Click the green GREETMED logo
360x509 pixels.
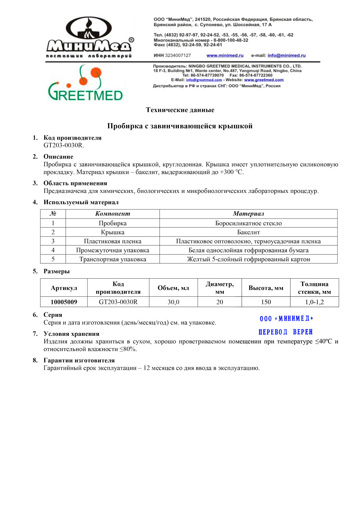coord(86,84)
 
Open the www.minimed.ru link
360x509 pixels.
coord(225,55)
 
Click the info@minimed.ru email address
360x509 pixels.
coord(286,55)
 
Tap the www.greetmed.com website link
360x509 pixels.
coord(264,80)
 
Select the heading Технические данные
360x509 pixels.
coord(180,110)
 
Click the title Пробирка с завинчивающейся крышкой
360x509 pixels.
coord(180,126)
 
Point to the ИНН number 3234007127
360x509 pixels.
coord(178,55)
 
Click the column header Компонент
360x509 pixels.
coord(113,214)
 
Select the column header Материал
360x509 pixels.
coord(248,214)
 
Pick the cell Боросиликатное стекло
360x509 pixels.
coord(248,223)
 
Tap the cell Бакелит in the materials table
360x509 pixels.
coord(248,232)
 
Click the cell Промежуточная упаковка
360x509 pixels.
coord(113,250)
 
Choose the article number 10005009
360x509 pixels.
coord(64,302)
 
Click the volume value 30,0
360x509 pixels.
coord(173,302)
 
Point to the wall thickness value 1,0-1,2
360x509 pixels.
coord(314,302)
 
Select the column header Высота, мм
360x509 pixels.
coord(266,288)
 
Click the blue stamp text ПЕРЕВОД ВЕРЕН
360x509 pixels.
coord(285,332)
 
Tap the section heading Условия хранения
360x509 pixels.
coord(71,334)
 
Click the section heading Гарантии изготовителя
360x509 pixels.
coord(79,360)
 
